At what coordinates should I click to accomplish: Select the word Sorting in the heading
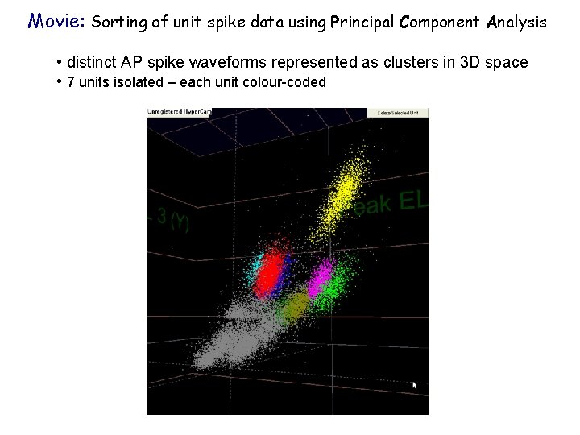118,23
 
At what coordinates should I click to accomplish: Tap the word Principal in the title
360,23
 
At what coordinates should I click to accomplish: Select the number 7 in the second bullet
71,81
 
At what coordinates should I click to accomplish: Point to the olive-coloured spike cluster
295,306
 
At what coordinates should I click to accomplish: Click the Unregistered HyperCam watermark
179,112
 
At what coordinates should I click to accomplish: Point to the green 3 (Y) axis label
172,219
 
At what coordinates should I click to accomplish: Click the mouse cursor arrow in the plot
416,386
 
